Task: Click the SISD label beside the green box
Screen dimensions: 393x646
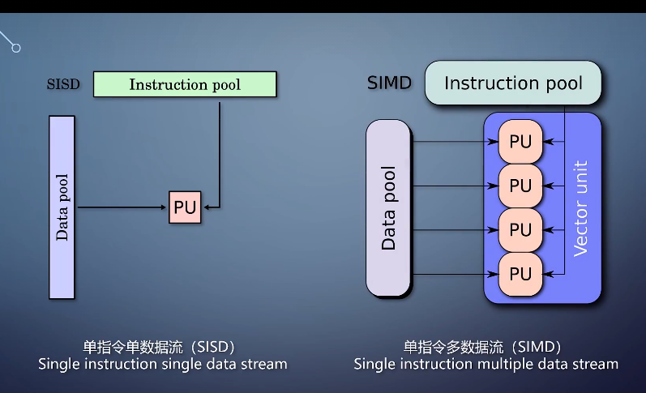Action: [x=64, y=84]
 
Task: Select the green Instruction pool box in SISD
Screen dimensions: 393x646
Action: [x=185, y=84]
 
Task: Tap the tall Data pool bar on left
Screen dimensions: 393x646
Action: [x=62, y=207]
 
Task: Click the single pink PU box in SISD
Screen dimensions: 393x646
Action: [x=185, y=207]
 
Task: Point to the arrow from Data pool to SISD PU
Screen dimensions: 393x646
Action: [x=122, y=207]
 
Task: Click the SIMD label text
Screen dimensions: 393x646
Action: [x=389, y=83]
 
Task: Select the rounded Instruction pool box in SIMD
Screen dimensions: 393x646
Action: [x=514, y=83]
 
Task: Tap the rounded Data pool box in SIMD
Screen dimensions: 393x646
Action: [x=389, y=208]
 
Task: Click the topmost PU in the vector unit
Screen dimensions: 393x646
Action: [x=520, y=142]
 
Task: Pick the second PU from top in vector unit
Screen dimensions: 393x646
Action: [x=520, y=186]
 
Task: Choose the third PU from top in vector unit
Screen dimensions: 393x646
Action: [x=520, y=229]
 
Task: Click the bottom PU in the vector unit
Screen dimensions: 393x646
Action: [x=520, y=274]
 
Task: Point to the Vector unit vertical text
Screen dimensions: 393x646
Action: [x=580, y=208]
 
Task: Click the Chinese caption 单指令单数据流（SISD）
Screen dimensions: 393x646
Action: [x=162, y=346]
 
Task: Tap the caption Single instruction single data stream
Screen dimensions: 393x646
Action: [x=162, y=364]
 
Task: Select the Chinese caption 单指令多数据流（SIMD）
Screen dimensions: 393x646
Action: [x=486, y=346]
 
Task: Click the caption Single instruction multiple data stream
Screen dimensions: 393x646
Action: [x=486, y=364]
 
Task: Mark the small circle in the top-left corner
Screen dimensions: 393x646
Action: [x=15, y=48]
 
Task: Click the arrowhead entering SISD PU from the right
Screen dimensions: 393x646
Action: [x=206, y=207]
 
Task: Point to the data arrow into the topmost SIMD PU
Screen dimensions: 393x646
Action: [x=454, y=142]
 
